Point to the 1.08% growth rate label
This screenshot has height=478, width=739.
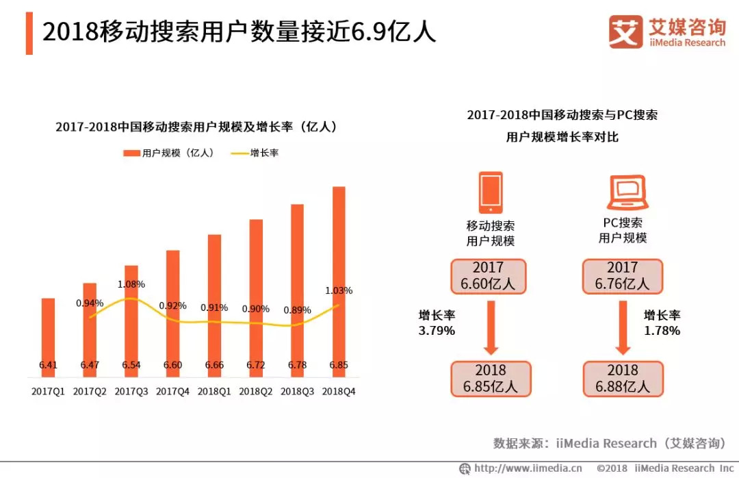(131, 284)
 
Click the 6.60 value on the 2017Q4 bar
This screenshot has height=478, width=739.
(172, 365)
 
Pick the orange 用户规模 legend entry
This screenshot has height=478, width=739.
(168, 153)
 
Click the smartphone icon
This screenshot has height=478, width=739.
(491, 192)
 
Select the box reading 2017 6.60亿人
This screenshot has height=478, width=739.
(488, 276)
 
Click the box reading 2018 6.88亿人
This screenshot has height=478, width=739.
(623, 379)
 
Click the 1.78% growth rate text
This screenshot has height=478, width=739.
(662, 331)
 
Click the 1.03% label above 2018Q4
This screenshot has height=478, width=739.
(339, 290)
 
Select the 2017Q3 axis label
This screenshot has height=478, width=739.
(131, 392)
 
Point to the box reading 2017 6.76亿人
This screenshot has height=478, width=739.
(623, 276)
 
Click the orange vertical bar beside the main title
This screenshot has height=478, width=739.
(29, 33)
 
